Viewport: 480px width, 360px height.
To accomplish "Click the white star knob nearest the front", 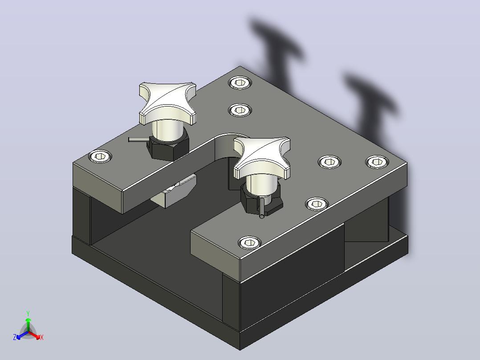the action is pyautogui.click(x=262, y=157).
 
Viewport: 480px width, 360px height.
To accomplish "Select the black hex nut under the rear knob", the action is pyautogui.click(x=168, y=147).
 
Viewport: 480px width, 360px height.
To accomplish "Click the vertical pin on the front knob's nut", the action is pyautogui.click(x=262, y=208).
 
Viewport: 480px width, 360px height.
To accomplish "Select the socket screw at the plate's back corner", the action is pyautogui.click(x=240, y=83).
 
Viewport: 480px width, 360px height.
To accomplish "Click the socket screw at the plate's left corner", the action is pyautogui.click(x=100, y=156).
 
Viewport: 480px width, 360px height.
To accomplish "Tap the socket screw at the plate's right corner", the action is pyautogui.click(x=377, y=162).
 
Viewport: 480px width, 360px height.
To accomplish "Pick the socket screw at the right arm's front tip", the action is pyautogui.click(x=250, y=243).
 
